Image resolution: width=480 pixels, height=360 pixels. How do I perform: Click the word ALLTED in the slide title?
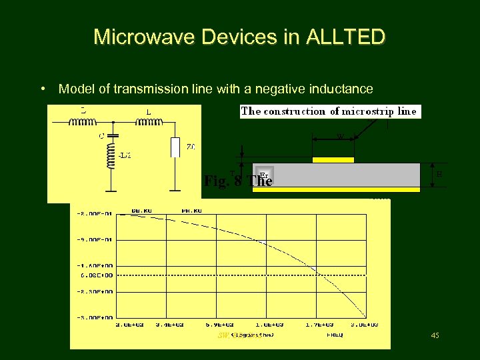pos(345,37)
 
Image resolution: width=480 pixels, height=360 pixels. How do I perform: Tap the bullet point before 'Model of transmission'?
pos(43,89)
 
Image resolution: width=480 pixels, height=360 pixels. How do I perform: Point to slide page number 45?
pos(435,335)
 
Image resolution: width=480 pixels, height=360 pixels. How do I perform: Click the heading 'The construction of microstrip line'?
pos(329,111)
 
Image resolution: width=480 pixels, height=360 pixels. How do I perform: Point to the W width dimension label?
pos(340,137)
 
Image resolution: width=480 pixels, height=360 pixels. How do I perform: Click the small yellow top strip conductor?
pos(333,160)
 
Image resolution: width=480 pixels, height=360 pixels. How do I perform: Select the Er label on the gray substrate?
pos(263,175)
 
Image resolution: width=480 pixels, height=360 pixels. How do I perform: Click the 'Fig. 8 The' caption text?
pos(238,181)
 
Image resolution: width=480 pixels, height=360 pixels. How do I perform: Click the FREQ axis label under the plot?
pos(335,335)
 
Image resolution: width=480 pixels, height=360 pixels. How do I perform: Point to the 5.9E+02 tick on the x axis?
pos(219,325)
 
